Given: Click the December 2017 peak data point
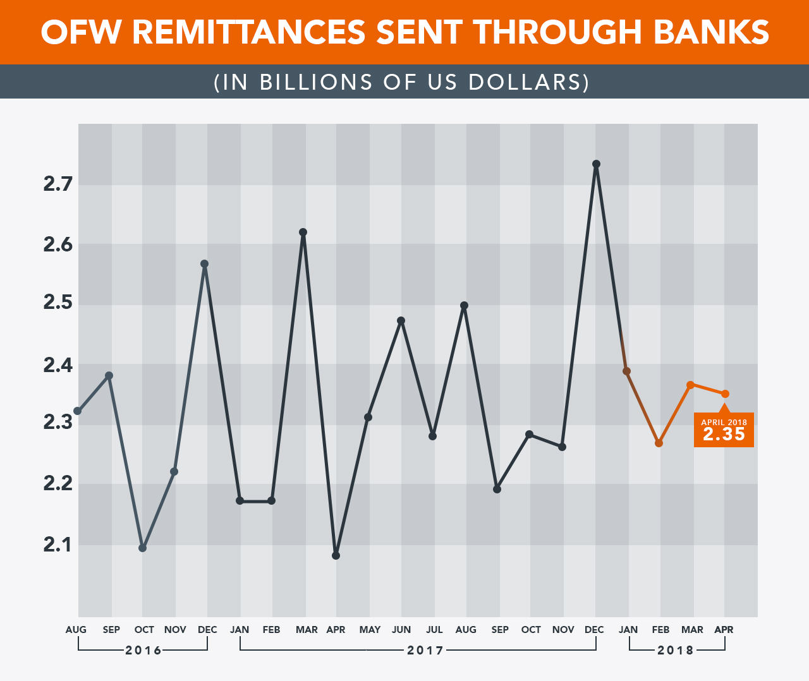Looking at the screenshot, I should tap(596, 164).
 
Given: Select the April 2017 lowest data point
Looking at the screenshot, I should tap(336, 556).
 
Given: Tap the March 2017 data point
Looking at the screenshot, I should tap(303, 232).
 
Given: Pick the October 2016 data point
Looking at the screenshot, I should tap(143, 548).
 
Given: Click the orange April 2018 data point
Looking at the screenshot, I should tap(725, 394).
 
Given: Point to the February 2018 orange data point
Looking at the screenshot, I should tap(659, 443).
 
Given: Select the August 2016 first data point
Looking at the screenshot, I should tap(78, 411).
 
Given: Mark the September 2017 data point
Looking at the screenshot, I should tap(497, 490).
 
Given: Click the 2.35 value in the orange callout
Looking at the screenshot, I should tap(724, 435).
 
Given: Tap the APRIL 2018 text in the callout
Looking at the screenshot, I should tap(724, 422).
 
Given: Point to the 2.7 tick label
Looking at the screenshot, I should tap(58, 184).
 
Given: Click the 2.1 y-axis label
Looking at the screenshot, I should tap(58, 545).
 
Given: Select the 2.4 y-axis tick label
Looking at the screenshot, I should tap(58, 365).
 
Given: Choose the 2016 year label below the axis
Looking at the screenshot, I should tap(143, 650).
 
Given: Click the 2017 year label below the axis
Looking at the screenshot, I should tap(425, 650).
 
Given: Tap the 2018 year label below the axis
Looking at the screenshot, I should tap(676, 650).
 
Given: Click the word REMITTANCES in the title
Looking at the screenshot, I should tap(249, 32).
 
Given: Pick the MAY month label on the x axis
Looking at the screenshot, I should tap(370, 630).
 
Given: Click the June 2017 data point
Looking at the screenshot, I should tap(401, 321).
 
